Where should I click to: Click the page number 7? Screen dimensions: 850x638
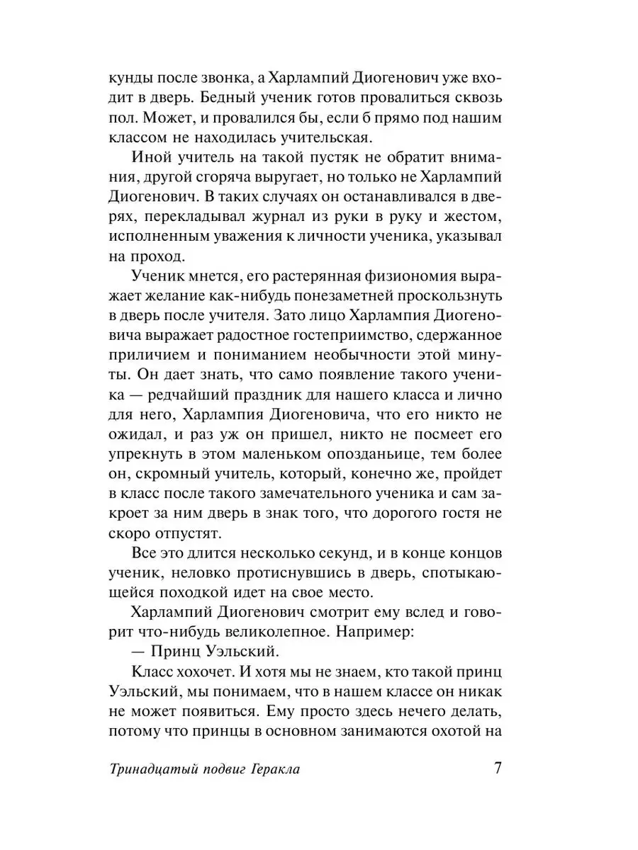497,769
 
